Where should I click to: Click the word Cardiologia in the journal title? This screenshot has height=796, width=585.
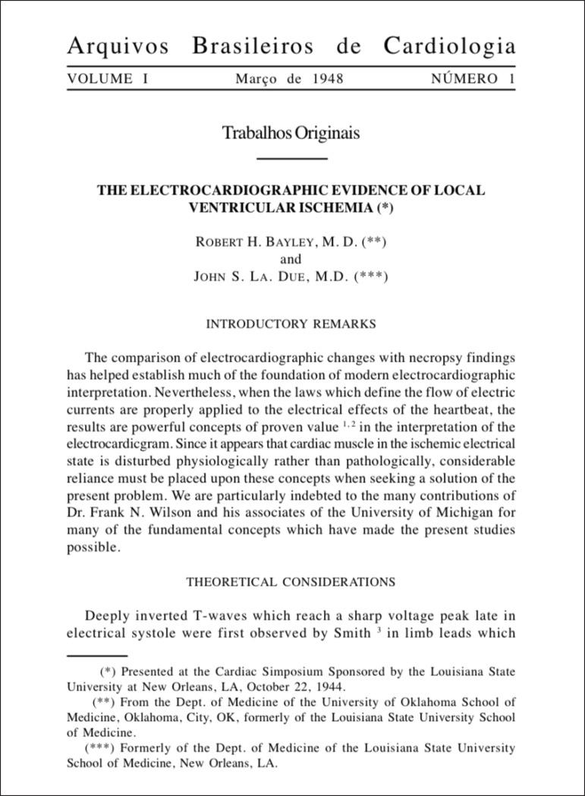[x=449, y=46]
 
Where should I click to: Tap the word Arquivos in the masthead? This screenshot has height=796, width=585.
[x=118, y=46]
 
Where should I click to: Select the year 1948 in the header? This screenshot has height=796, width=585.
[x=327, y=79]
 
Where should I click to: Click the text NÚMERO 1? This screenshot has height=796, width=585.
[x=473, y=79]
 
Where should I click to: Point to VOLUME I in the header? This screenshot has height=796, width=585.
[x=108, y=79]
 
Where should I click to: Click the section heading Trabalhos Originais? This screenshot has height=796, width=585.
[x=291, y=133]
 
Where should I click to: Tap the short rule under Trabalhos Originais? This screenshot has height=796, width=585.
[x=291, y=158]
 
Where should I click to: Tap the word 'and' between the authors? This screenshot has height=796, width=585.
[x=291, y=259]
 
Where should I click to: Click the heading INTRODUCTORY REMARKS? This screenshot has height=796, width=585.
[x=291, y=324]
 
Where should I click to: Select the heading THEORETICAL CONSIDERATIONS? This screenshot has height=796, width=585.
[x=291, y=583]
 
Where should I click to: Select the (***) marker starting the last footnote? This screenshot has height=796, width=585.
[x=99, y=748]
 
